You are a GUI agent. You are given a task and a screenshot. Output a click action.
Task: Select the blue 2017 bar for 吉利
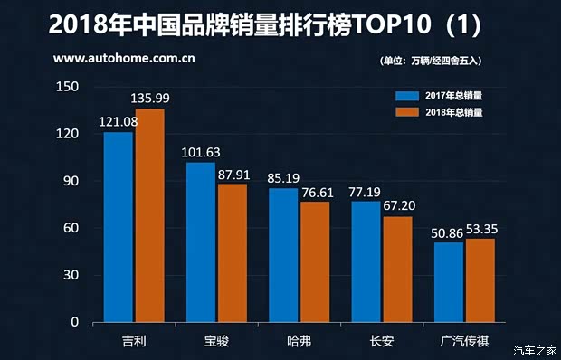119,227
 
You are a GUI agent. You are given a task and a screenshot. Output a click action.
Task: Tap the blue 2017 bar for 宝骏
201,242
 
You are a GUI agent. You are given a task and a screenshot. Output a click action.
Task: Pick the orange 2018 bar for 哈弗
316,261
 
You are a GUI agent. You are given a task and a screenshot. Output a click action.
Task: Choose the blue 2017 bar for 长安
366,261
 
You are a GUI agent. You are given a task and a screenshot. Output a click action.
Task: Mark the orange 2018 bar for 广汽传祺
480,280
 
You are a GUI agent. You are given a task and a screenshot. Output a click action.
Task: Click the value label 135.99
151,98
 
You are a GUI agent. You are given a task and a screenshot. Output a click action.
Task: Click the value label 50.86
450,232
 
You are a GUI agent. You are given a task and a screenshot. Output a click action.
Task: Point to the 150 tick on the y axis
67,87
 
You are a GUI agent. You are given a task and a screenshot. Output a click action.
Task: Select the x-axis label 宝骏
216,343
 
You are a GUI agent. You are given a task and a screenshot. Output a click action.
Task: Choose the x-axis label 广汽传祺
464,343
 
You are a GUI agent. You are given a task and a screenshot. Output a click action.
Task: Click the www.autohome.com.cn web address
125,60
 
